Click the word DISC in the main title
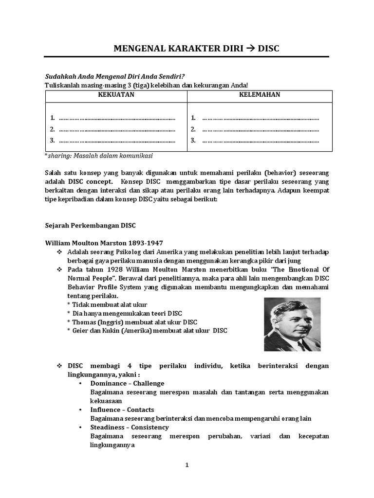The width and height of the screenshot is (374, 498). (x=268, y=49)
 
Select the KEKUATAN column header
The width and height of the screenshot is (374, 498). (x=116, y=95)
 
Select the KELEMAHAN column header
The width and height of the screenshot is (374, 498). (x=260, y=95)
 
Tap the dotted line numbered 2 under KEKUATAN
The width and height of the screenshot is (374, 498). (x=117, y=129)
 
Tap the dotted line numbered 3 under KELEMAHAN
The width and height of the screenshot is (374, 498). (x=260, y=141)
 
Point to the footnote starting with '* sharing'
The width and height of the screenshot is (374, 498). (x=99, y=156)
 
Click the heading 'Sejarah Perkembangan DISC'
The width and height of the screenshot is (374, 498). (x=91, y=226)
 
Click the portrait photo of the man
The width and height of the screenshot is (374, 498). (x=292, y=324)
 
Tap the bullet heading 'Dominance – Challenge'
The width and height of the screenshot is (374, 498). (x=127, y=383)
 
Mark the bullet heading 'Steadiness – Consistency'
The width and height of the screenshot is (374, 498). (x=130, y=427)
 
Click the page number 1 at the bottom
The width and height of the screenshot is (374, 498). (x=187, y=465)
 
